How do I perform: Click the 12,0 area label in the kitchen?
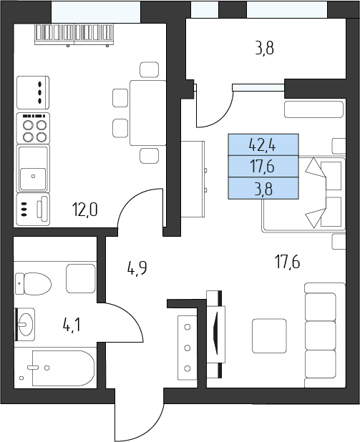[x=85, y=210]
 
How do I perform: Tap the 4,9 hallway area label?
[x=137, y=267]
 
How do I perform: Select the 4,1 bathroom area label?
[x=72, y=325]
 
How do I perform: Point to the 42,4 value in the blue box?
[x=263, y=146]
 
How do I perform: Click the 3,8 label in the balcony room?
[x=264, y=48]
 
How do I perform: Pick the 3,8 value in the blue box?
[x=263, y=189]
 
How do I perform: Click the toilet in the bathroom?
[x=34, y=283]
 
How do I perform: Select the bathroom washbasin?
[x=26, y=325]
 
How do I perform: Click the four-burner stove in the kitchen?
[x=34, y=128]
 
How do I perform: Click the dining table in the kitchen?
[x=148, y=113]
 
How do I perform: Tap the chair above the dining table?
[x=150, y=69]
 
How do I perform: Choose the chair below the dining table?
[x=150, y=156]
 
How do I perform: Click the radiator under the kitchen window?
[x=74, y=34]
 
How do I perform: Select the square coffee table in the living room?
[x=269, y=335]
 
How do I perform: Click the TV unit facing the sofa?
[x=216, y=334]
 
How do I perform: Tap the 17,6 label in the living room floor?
[x=287, y=262]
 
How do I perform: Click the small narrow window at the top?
[x=205, y=9]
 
